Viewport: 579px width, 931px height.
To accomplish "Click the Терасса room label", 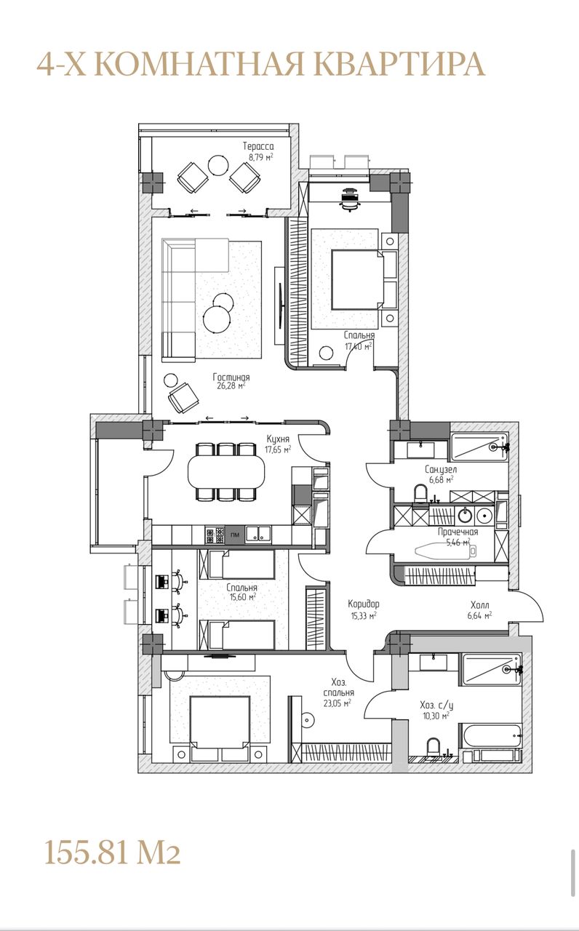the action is point(258,146).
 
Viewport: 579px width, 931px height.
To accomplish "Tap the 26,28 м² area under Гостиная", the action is point(231,385).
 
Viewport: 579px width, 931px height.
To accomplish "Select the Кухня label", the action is point(278,439).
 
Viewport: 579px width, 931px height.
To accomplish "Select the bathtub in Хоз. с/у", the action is point(490,736).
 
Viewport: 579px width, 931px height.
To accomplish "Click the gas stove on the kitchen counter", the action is point(214,535).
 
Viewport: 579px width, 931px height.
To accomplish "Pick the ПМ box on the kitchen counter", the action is point(235,535).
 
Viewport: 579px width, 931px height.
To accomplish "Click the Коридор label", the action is point(364,604).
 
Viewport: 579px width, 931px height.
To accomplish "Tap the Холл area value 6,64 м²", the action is point(479,615).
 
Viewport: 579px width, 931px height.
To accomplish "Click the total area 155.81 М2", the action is point(113,851).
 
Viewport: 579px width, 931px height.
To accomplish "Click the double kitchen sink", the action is point(258,535).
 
